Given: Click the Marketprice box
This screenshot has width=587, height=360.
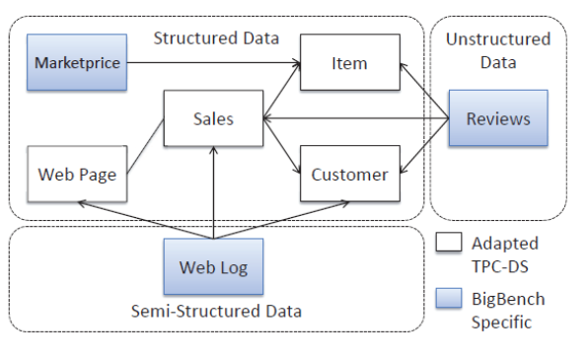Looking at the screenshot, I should (x=77, y=63).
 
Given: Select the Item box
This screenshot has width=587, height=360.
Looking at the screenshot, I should (x=349, y=63).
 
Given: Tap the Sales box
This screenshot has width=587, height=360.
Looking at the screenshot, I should (x=213, y=118).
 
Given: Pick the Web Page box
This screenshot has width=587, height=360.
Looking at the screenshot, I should (x=77, y=175).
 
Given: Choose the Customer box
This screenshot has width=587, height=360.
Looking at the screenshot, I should (x=349, y=175).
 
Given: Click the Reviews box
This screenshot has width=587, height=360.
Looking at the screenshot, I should (x=498, y=118).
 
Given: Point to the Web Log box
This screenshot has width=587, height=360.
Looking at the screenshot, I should (x=213, y=267).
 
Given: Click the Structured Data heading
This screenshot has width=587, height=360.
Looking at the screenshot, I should (x=216, y=38).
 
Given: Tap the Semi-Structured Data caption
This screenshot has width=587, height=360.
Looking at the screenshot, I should (x=216, y=312).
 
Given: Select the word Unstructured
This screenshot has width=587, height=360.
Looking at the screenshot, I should (x=498, y=38).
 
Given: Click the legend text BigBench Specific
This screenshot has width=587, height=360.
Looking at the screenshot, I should (x=507, y=309).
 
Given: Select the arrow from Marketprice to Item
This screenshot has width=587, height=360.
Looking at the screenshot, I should (x=212, y=63).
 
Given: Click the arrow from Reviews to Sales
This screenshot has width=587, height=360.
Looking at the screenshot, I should (x=355, y=118).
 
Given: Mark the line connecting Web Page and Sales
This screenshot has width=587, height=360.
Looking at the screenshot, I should (x=145, y=148).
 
